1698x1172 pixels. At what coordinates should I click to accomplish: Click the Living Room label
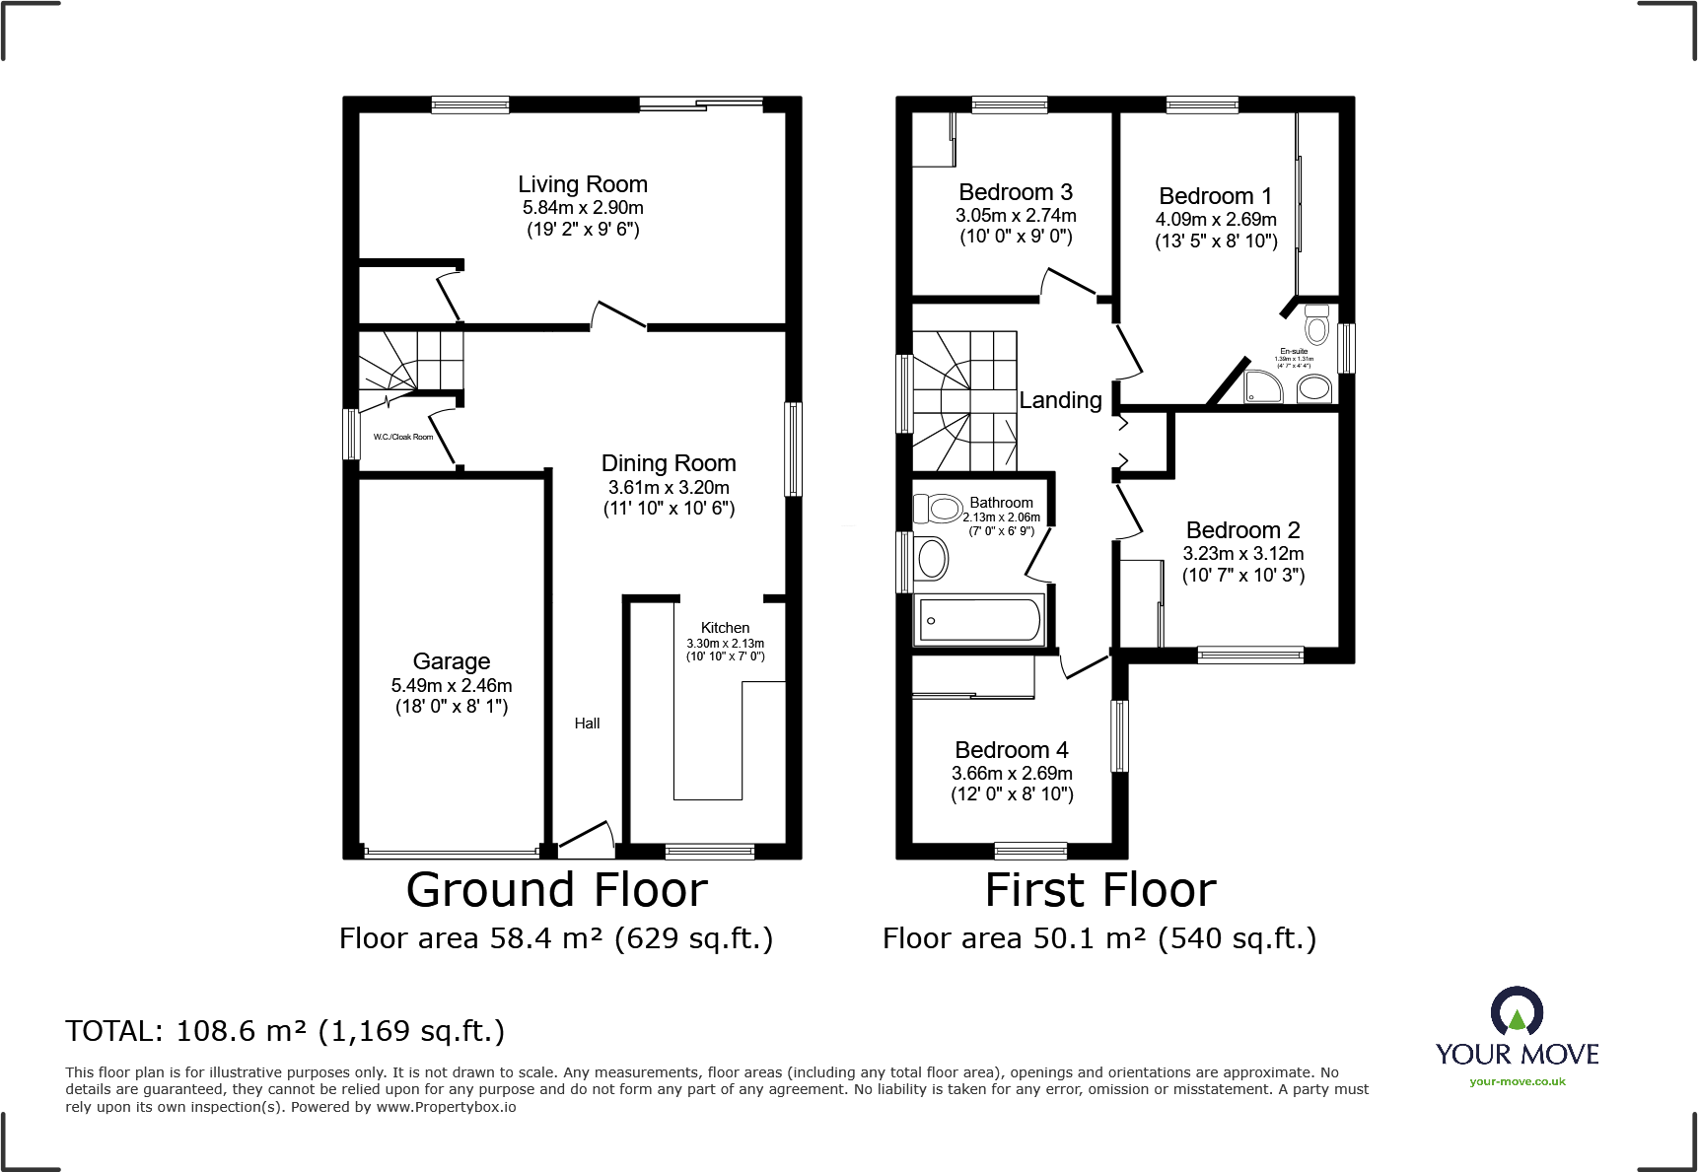tap(583, 184)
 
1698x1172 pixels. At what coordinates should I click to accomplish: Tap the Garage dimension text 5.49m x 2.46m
tap(452, 685)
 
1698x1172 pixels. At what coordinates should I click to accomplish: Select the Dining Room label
tap(669, 463)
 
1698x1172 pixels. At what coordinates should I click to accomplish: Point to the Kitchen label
tap(725, 628)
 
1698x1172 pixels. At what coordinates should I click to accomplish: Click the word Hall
tap(587, 724)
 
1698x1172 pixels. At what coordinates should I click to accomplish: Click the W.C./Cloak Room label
tap(403, 437)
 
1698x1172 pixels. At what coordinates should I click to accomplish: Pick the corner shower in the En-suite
tap(1263, 387)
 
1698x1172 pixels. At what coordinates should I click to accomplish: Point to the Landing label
tap(1060, 400)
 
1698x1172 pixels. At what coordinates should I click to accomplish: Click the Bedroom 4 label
tap(1012, 750)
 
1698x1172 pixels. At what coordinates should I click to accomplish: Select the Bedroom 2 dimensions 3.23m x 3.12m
tap(1243, 554)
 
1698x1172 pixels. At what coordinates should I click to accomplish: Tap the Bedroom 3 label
tap(1016, 192)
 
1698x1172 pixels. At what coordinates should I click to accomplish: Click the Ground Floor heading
tap(557, 890)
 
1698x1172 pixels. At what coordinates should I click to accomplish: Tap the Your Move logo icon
tap(1517, 1012)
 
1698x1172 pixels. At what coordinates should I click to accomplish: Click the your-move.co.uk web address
tap(1518, 1081)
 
